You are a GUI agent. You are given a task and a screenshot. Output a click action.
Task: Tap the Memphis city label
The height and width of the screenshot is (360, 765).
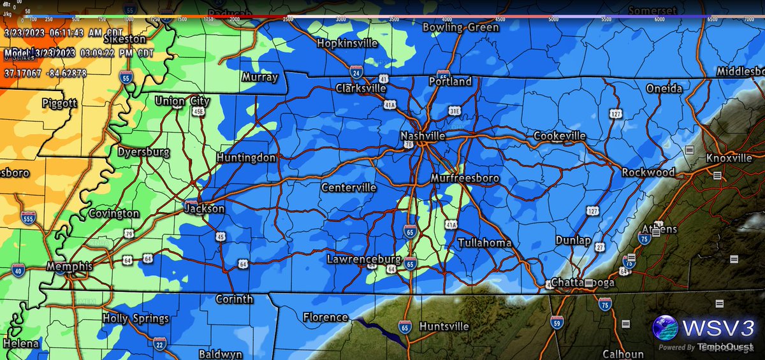click(x=70, y=266)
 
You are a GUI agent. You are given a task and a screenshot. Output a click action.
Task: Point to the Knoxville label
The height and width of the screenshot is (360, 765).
click(x=729, y=158)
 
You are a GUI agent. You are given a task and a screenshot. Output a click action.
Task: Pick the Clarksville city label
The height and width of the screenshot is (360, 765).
click(x=361, y=89)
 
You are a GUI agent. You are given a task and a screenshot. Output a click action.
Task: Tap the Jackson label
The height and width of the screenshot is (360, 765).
click(x=205, y=208)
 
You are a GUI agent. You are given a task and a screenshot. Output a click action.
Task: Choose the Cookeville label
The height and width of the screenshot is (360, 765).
click(x=560, y=136)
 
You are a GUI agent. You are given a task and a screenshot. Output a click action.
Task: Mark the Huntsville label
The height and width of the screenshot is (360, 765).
click(x=444, y=326)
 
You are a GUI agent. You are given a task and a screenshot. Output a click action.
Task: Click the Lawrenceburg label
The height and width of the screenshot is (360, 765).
click(x=363, y=259)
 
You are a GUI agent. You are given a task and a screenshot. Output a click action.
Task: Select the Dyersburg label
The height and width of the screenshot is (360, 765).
click(x=143, y=152)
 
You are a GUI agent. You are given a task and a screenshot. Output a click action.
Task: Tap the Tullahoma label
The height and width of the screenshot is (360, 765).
click(x=484, y=243)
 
